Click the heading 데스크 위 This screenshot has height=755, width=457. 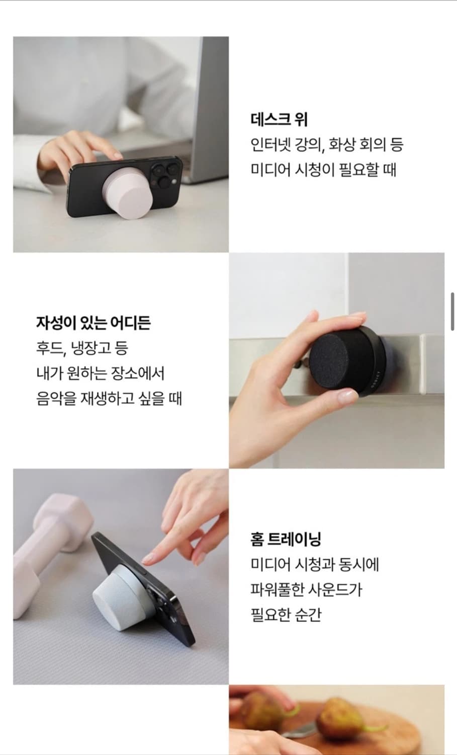[279, 120]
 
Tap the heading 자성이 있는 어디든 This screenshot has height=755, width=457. [94, 323]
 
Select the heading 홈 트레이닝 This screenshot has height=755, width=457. [286, 539]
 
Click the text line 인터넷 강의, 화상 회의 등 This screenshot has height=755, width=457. [327, 145]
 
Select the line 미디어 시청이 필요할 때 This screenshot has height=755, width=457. [323, 170]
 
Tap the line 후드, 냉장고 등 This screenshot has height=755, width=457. [82, 348]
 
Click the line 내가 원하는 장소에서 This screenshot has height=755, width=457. [101, 373]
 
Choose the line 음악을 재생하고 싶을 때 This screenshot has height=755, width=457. [109, 399]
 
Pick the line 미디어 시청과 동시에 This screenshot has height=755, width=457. [315, 564]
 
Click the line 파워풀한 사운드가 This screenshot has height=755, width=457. [306, 589]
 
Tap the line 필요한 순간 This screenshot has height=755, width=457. [286, 615]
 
